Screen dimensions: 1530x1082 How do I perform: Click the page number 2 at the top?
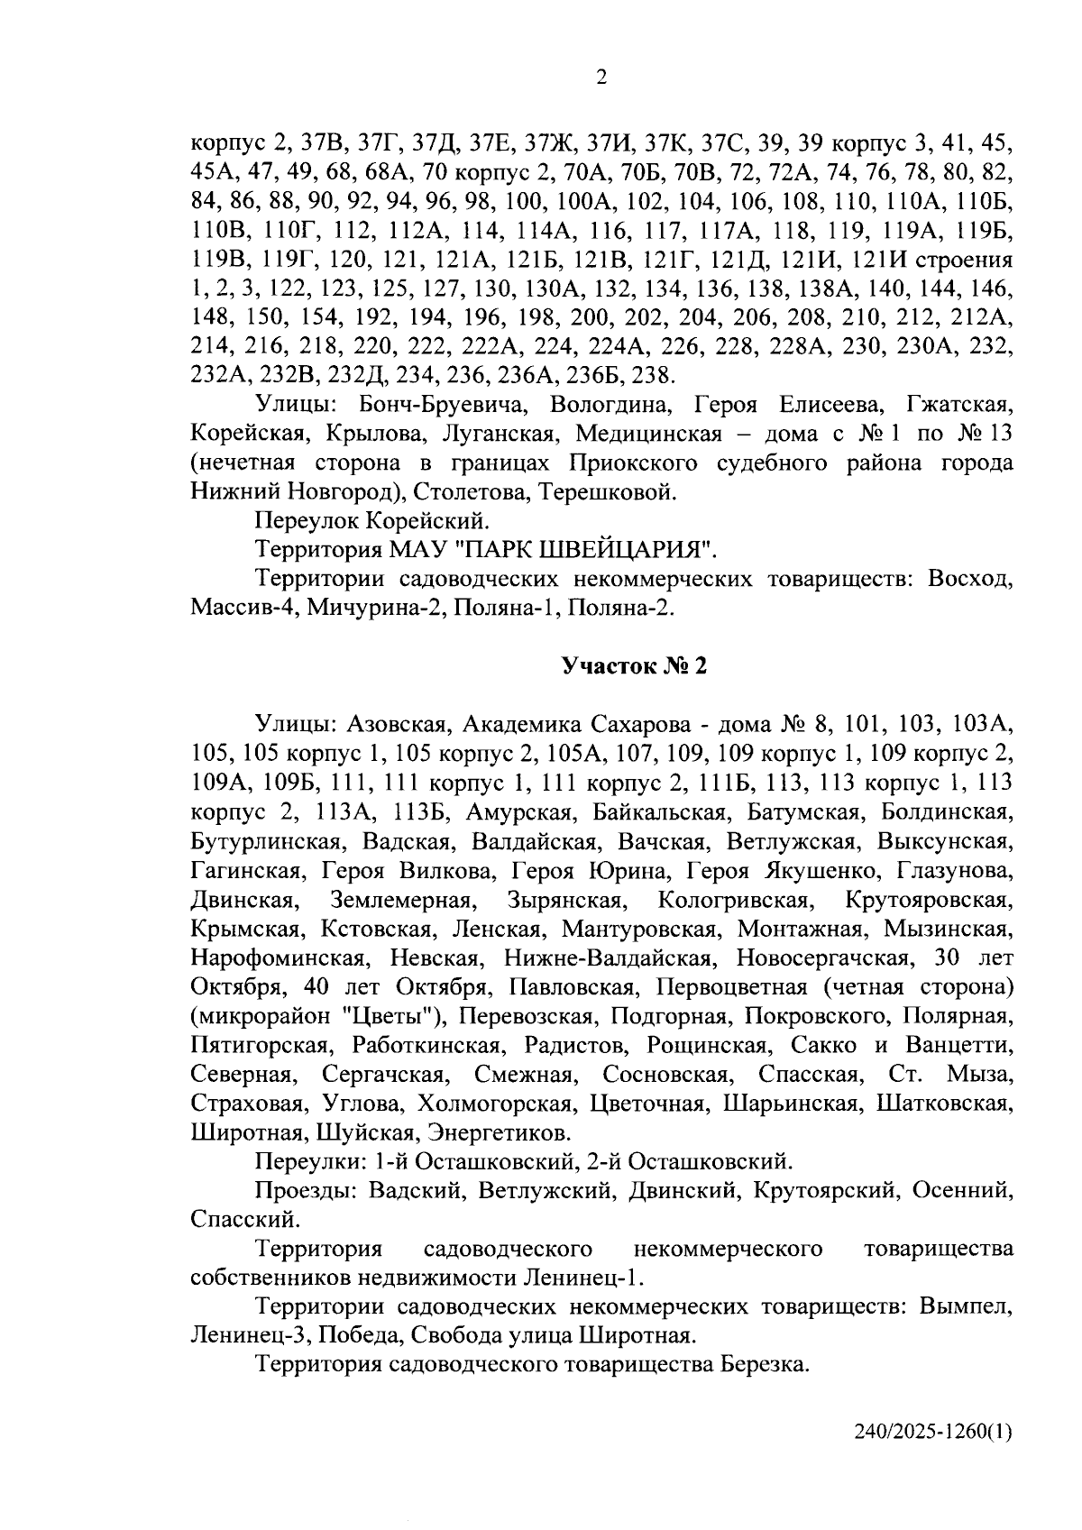(x=601, y=78)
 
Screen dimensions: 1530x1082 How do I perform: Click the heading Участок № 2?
(x=635, y=666)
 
